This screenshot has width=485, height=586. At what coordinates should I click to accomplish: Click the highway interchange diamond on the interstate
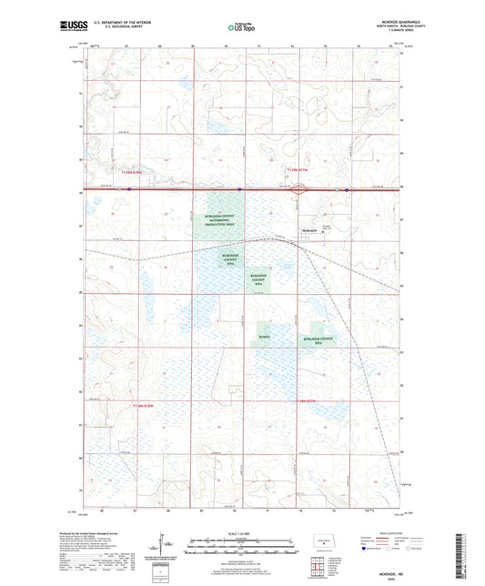(298, 189)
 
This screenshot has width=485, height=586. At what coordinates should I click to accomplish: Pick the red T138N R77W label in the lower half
(144, 405)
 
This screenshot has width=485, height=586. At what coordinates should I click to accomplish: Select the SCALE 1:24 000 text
(242, 534)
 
